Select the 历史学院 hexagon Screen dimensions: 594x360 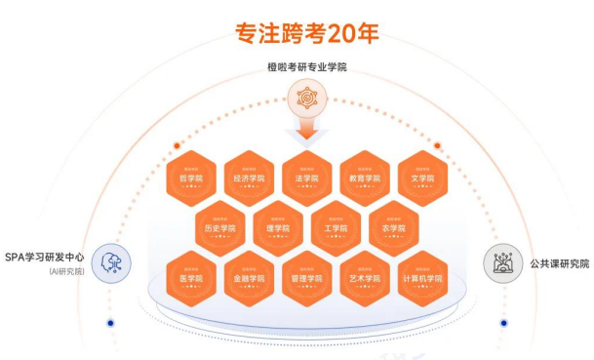pyautogui.click(x=218, y=227)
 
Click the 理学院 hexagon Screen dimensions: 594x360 pyautogui.click(x=277, y=227)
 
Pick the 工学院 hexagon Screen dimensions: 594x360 pyautogui.click(x=335, y=227)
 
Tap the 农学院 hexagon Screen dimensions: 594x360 pyautogui.click(x=393, y=227)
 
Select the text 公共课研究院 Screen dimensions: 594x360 pyautogui.click(x=558, y=262)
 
